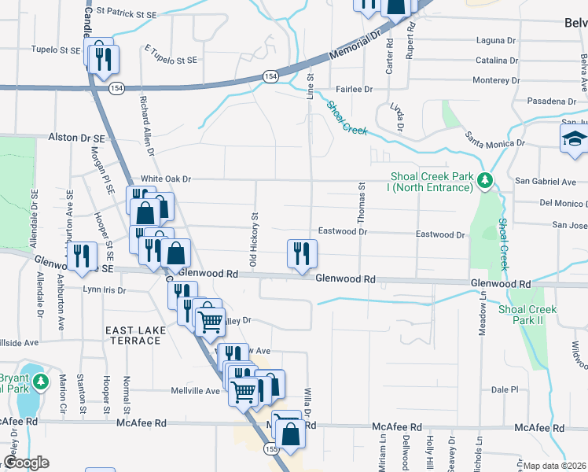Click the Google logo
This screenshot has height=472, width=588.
25,463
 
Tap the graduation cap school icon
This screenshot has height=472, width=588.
575,140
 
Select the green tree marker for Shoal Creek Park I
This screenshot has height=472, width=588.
486,181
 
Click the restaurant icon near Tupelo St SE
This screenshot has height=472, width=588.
104,58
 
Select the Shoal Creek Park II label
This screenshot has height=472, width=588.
527,315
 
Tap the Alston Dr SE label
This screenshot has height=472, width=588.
76,138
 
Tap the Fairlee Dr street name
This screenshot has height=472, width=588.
353,90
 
